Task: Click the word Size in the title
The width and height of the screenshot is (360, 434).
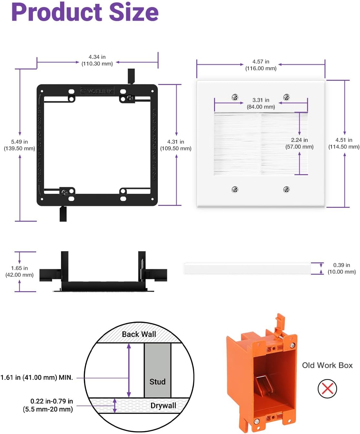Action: [x=134, y=12]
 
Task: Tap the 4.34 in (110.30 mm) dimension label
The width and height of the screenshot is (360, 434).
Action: [x=97, y=60]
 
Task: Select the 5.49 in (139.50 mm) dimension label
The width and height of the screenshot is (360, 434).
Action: [x=19, y=145]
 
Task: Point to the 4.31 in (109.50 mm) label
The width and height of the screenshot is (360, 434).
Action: [x=176, y=145]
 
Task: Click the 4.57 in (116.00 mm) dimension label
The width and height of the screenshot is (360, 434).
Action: [x=261, y=65]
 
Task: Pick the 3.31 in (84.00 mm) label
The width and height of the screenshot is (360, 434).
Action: [x=261, y=103]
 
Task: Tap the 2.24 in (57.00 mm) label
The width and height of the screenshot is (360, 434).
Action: [x=299, y=143]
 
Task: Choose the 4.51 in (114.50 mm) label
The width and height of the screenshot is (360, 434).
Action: [x=344, y=143]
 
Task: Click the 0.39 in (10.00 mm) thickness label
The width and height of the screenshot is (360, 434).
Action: [x=342, y=269]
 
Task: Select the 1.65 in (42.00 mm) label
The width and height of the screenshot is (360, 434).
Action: [x=19, y=271]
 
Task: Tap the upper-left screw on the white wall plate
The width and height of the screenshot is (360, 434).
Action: [x=235, y=97]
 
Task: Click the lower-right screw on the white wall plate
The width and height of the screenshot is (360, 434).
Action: [x=286, y=189]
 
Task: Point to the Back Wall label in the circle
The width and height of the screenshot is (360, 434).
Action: [x=139, y=334]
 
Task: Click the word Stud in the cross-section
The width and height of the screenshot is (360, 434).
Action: [x=157, y=382]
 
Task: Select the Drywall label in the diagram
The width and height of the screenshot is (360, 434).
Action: [x=163, y=406]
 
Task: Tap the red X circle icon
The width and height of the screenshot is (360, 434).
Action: [x=327, y=388]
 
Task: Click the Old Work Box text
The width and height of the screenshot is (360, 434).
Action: [x=327, y=365]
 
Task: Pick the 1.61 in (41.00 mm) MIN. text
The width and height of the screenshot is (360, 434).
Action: [x=36, y=377]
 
